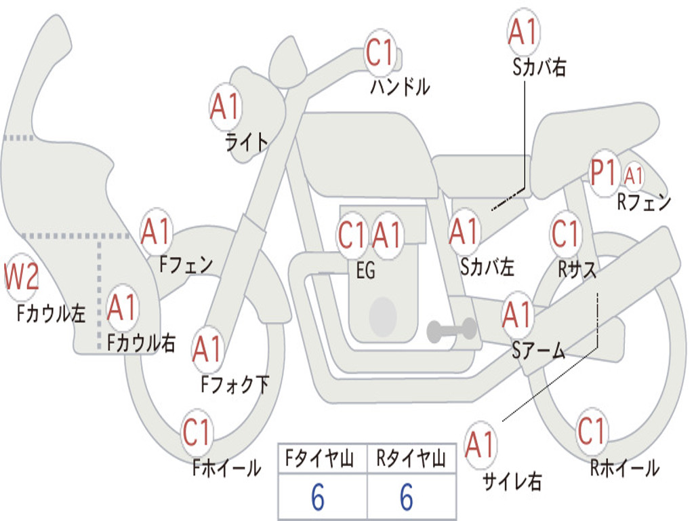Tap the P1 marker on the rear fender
click(604, 174)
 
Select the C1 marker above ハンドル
click(381, 53)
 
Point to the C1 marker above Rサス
click(566, 235)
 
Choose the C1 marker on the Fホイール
click(197, 433)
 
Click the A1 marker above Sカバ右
click(523, 32)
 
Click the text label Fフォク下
click(234, 385)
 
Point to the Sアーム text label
click(539, 351)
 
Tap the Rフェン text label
click(643, 202)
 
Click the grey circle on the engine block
click(383, 316)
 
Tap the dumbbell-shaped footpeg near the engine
click(451, 330)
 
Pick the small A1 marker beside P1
click(634, 176)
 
